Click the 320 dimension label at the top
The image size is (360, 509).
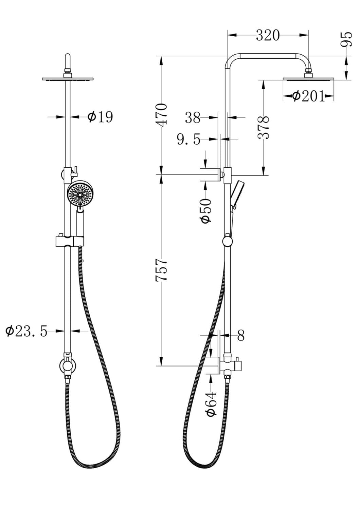[268, 35]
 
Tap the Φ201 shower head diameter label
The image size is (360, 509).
[308, 96]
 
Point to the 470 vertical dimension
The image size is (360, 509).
[161, 115]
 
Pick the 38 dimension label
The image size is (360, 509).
[193, 118]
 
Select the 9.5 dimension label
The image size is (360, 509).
[189, 139]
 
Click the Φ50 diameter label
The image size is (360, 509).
[206, 211]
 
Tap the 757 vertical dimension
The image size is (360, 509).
[161, 270]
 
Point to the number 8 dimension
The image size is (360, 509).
[241, 336]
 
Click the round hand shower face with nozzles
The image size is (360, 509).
[80, 195]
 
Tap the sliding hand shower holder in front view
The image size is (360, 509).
[69, 241]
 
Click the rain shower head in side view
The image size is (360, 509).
[308, 79]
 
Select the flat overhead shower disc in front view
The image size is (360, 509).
[68, 79]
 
